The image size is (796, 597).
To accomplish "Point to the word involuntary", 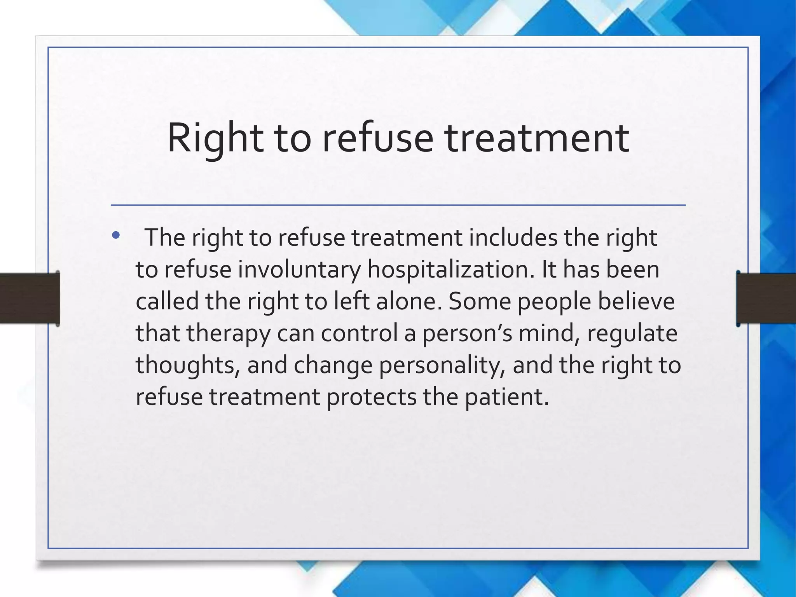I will [x=299, y=270].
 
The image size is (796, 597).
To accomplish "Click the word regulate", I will [x=632, y=333].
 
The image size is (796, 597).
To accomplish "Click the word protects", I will [x=371, y=397].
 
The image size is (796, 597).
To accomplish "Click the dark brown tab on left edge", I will [x=30, y=298].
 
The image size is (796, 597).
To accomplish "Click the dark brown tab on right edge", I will [x=766, y=298].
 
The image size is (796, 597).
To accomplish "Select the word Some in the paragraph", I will [x=480, y=302].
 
